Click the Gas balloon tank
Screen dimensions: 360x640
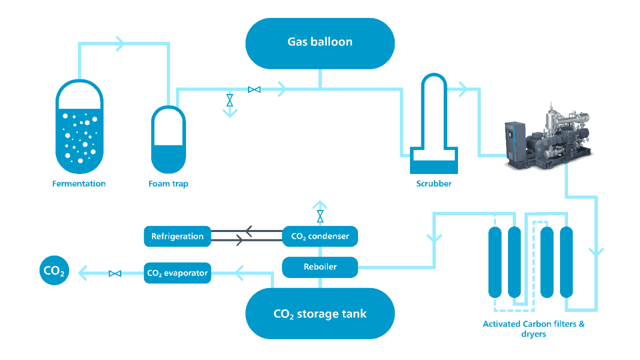(320, 43)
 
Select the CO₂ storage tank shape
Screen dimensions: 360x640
(320, 313)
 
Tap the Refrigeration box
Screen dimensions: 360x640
(177, 236)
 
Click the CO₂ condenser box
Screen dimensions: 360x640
(320, 236)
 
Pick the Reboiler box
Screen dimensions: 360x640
(320, 267)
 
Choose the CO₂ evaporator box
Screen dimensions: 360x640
(177, 273)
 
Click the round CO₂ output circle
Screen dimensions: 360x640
(54, 271)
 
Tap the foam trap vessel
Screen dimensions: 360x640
(168, 140)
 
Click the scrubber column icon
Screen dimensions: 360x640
(433, 125)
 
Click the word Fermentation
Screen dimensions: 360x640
(79, 184)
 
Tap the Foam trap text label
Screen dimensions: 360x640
(168, 184)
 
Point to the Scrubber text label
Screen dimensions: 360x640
(433, 184)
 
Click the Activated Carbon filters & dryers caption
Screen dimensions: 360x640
(533, 328)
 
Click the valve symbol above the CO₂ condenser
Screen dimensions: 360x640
(320, 216)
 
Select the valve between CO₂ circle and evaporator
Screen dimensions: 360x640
(115, 273)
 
